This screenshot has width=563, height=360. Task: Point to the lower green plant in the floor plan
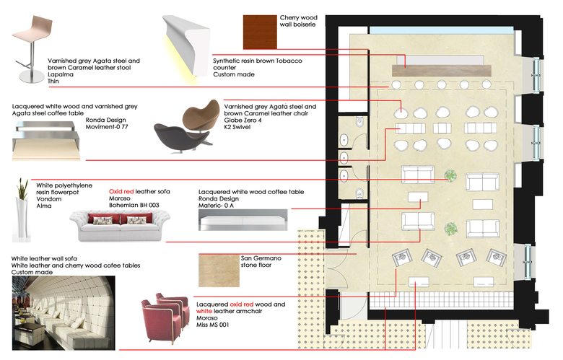tap(450, 229)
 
